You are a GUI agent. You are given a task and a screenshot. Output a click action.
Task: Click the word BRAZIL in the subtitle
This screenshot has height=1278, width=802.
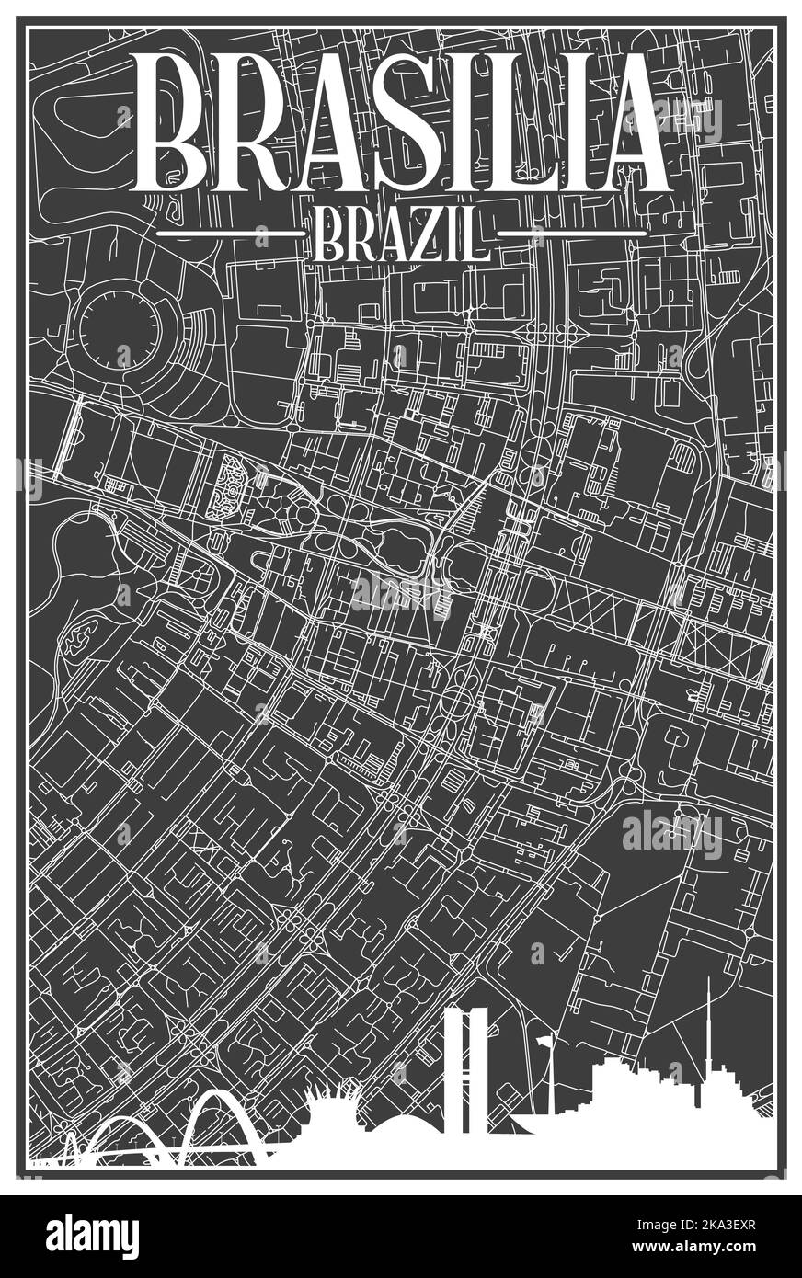(x=401, y=235)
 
